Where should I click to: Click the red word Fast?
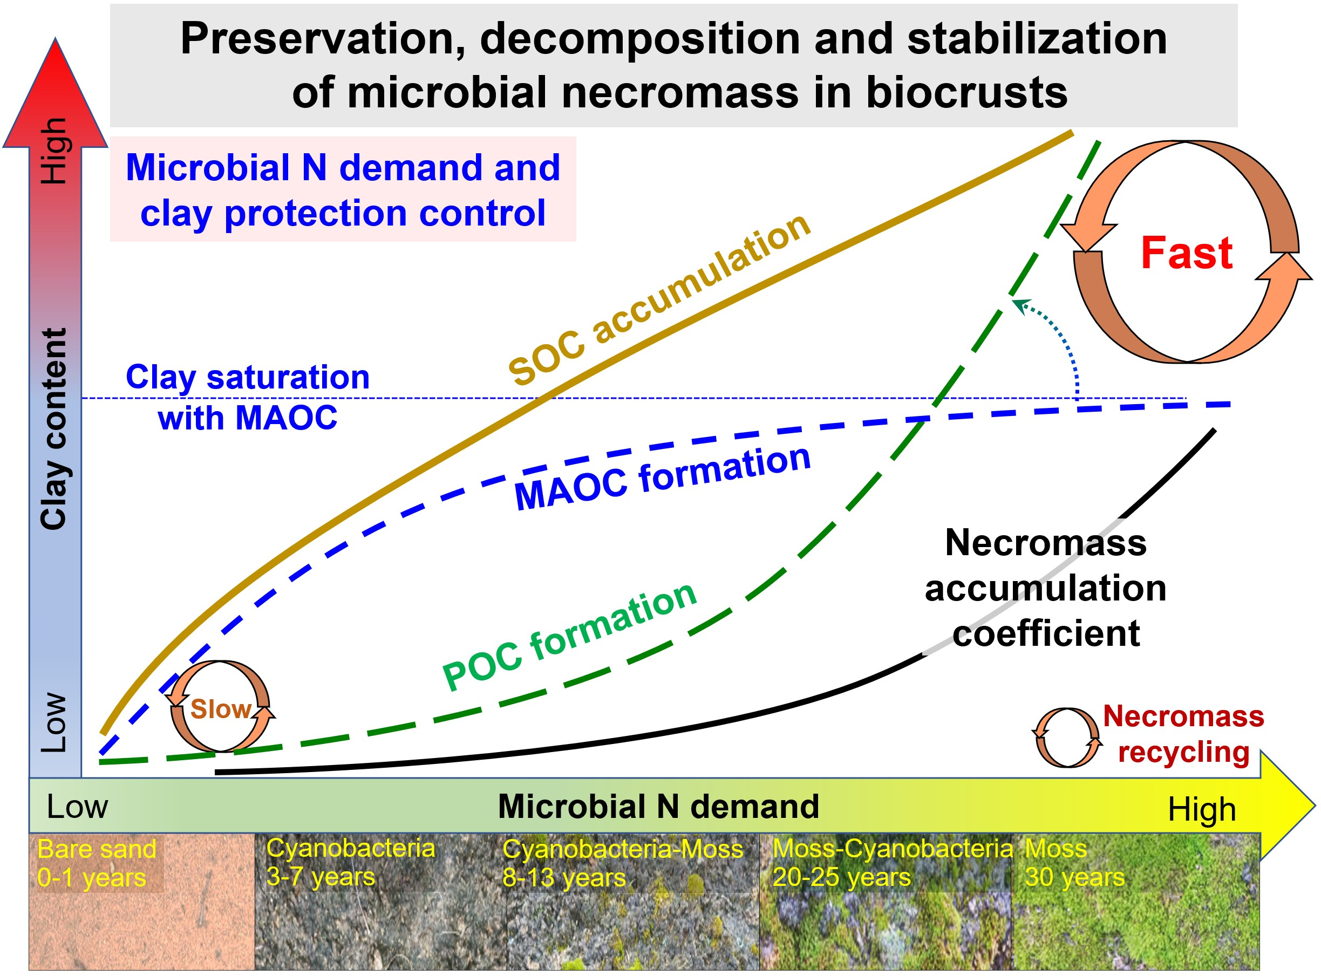[1186, 253]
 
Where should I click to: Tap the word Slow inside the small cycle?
[221, 708]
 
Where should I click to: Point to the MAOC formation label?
[662, 478]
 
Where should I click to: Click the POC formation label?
[569, 636]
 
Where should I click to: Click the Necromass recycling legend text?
[1183, 734]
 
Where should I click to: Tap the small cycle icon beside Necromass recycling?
[1067, 738]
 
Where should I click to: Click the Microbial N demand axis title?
[658, 806]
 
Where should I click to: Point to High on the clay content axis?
[54, 151]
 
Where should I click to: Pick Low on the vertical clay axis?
[54, 722]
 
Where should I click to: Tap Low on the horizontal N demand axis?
[77, 806]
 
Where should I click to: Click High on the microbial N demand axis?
[1202, 809]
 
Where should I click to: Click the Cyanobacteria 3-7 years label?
[350, 862]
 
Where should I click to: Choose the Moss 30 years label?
[1074, 863]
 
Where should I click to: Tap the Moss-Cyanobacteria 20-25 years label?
[893, 863]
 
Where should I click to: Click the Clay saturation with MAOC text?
[248, 397]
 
